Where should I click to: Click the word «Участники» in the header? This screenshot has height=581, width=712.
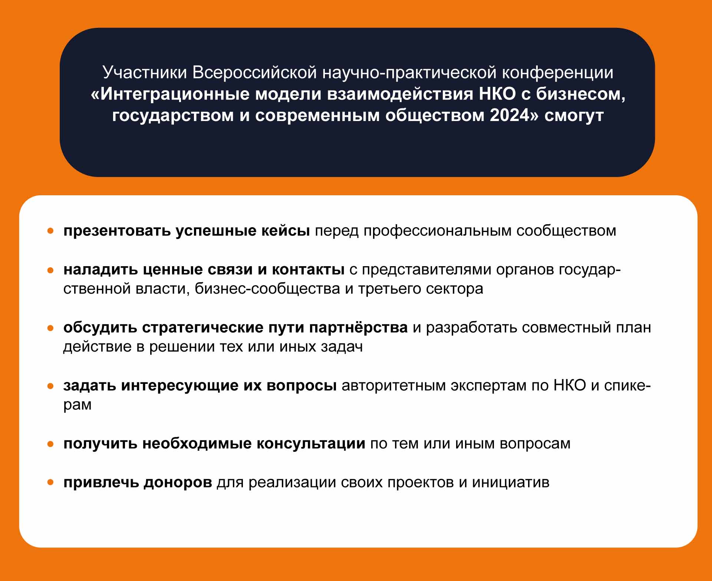click(145, 73)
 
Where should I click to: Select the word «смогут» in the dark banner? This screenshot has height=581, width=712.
click(574, 115)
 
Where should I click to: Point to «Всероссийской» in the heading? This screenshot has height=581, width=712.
click(255, 73)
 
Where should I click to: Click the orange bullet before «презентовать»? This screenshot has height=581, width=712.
click(51, 231)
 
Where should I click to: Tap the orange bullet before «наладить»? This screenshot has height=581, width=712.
click(51, 270)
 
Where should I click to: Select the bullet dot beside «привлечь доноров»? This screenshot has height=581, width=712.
click(51, 483)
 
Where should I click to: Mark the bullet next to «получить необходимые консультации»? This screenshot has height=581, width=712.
click(51, 444)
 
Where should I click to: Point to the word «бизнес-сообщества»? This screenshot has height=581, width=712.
click(267, 289)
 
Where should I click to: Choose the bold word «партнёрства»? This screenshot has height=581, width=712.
click(358, 327)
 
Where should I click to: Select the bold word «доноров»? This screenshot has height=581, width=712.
click(178, 483)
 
